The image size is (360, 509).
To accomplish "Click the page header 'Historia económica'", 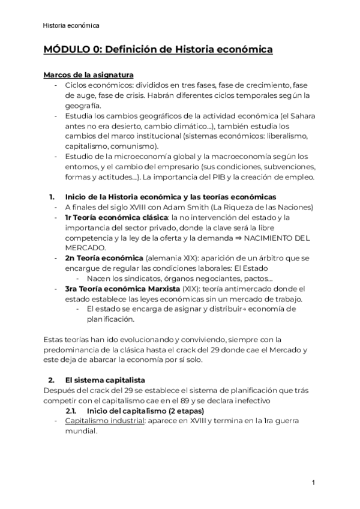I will tap(71, 25).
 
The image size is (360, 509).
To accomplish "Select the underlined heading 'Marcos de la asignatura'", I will tap(84, 75).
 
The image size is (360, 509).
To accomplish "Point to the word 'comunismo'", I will tap(134, 146).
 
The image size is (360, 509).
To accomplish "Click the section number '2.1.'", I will tap(73, 410).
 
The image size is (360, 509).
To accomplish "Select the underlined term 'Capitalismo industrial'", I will tap(101, 420).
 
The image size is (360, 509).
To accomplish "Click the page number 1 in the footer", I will tap(314, 483).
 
